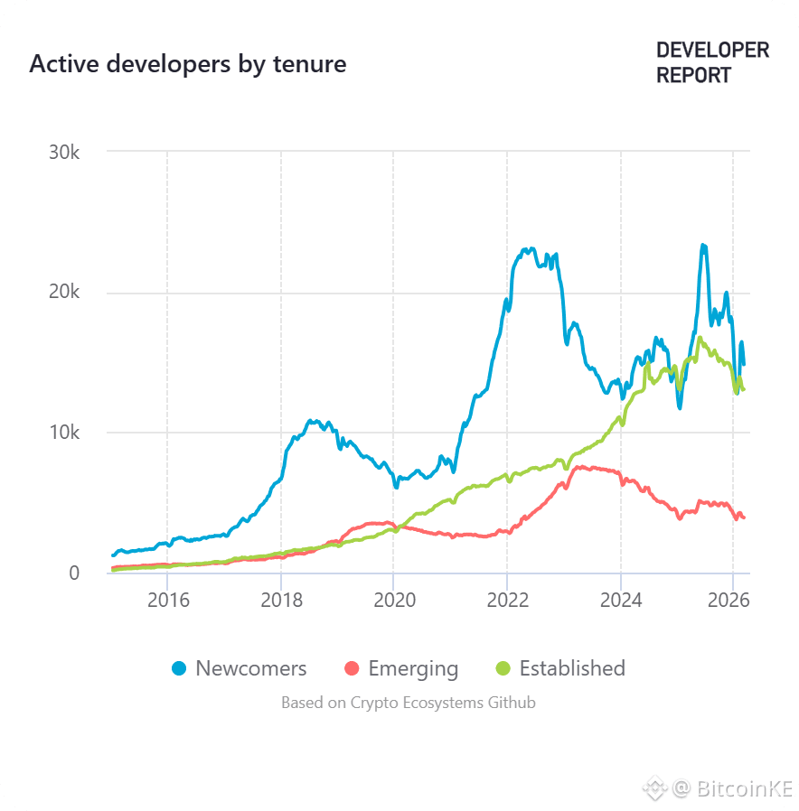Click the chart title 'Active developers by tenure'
(187, 64)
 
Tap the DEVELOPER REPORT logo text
(712, 62)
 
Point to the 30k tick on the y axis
(63, 152)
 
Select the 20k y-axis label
(63, 293)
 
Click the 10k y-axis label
(63, 433)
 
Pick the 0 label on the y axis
(74, 573)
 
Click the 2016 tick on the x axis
(167, 599)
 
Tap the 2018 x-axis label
(281, 599)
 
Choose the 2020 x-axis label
(393, 599)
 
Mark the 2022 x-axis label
(507, 599)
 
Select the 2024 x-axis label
(621, 599)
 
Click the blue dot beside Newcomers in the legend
(179, 669)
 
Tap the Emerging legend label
(413, 669)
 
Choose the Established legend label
(571, 669)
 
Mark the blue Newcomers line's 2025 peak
(702, 245)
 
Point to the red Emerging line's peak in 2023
(580, 467)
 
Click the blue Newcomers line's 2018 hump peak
(312, 421)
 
